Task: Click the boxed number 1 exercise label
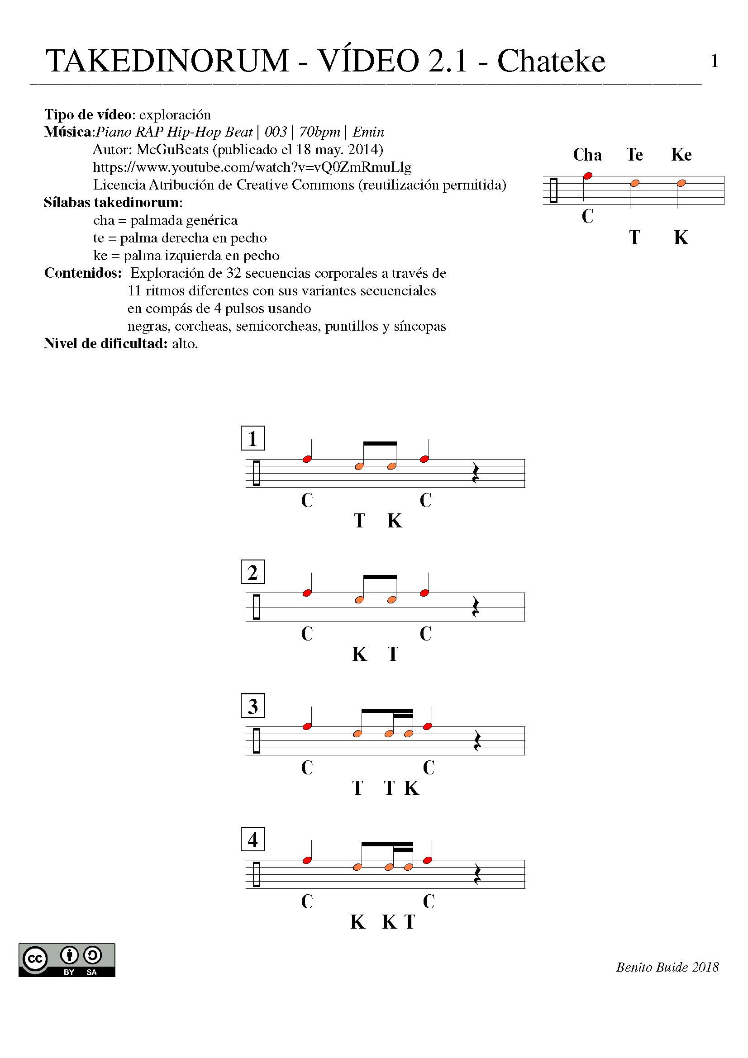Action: coord(253,438)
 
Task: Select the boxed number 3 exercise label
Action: coord(253,706)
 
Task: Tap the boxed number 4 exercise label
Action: coord(253,840)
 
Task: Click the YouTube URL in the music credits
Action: coord(252,167)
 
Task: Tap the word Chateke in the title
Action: coord(551,61)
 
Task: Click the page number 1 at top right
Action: coord(715,61)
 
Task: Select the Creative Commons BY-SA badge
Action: coord(67,960)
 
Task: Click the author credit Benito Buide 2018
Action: coord(667,967)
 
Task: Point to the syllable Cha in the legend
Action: coord(587,155)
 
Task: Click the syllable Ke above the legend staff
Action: coord(681,155)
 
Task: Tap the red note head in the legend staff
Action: coord(588,176)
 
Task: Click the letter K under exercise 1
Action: coord(395,521)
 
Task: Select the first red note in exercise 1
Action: coord(307,459)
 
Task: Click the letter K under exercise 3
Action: coord(412,788)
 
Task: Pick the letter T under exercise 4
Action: coord(410,922)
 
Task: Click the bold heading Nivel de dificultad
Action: coord(105,343)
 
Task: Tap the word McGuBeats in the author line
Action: coord(172,150)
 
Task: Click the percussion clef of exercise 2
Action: coord(257,607)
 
